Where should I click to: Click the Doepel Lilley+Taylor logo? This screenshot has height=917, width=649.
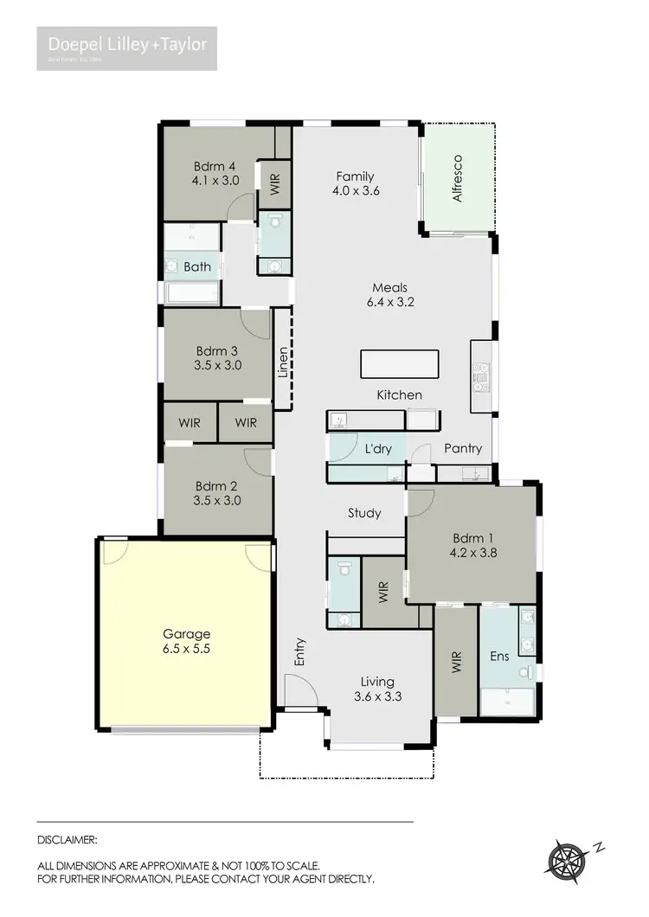click(x=126, y=48)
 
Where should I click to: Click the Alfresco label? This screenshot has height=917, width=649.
click(x=459, y=179)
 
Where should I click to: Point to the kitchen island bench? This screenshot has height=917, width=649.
click(x=399, y=363)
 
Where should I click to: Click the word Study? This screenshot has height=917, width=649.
click(x=364, y=513)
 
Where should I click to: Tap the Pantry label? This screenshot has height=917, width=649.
click(x=463, y=449)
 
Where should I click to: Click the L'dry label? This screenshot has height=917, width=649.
click(x=378, y=449)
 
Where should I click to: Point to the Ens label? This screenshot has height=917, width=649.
click(x=499, y=657)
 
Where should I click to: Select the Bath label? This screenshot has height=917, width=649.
click(x=196, y=267)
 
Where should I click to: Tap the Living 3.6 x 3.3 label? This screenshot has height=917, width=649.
click(x=378, y=689)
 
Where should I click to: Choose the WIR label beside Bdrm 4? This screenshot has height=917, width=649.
click(x=275, y=183)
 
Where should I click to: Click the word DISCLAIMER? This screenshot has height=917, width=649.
click(x=67, y=839)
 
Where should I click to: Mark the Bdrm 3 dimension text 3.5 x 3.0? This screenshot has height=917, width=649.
click(x=218, y=366)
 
